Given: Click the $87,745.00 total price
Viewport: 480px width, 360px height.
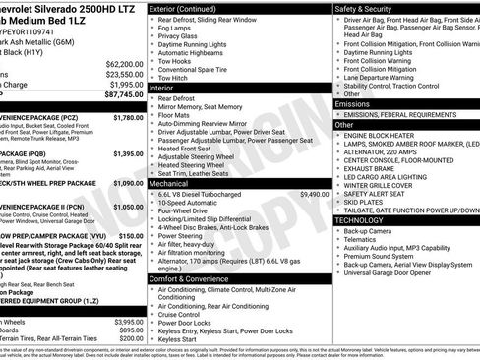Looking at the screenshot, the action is [x=116, y=96].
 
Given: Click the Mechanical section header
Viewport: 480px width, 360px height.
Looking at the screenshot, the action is [x=173, y=182].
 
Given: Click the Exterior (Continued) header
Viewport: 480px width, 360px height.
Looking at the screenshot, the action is [x=191, y=8].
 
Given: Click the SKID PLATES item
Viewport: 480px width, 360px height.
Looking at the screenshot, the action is [x=363, y=202].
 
